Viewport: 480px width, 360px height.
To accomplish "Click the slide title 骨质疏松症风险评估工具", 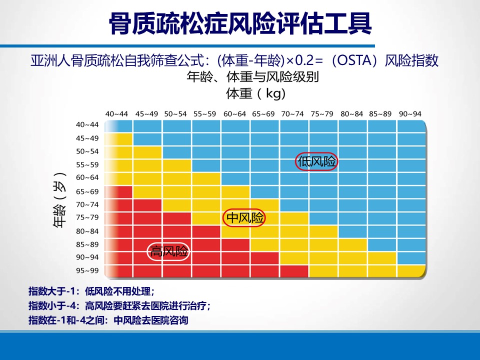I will click(x=240, y=23).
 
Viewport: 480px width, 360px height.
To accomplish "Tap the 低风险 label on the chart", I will click(x=316, y=162).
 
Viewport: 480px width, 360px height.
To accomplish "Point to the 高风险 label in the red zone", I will click(x=169, y=251).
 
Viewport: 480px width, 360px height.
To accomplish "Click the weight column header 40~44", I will click(x=116, y=114).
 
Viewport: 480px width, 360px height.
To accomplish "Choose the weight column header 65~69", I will click(x=263, y=114).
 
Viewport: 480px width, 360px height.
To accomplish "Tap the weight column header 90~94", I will click(x=409, y=114).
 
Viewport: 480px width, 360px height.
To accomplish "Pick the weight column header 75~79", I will click(x=321, y=114).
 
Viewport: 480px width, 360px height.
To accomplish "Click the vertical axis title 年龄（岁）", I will click(x=60, y=204).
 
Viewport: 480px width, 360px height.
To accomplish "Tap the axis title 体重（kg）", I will click(x=256, y=93).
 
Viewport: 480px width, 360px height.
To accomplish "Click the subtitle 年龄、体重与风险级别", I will click(x=252, y=77).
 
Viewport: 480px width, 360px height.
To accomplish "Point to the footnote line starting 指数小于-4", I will click(x=119, y=306).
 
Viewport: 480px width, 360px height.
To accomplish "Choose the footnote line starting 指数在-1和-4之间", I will click(x=108, y=320).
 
